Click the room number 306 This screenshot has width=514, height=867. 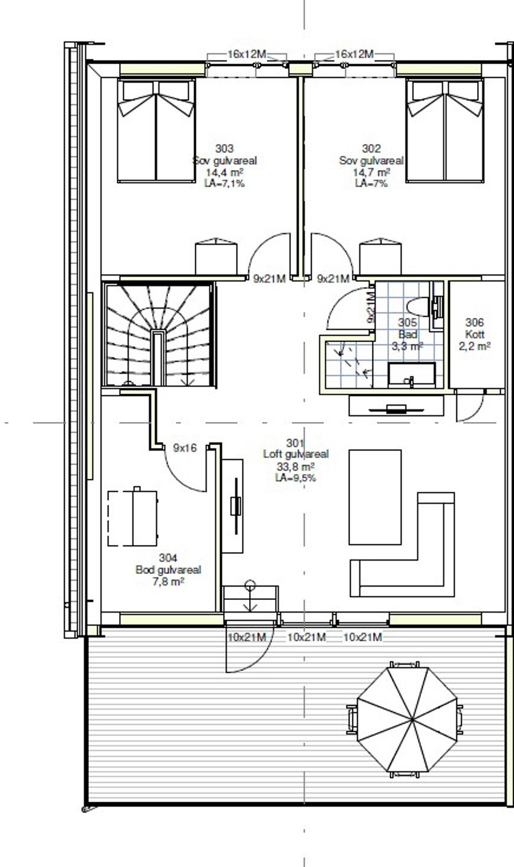point(475,322)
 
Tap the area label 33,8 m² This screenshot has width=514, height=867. point(296,467)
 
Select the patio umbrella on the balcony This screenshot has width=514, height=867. point(409,719)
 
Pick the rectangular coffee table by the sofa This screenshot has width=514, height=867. point(375,496)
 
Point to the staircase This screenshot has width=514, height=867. point(158,334)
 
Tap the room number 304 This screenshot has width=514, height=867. point(168,558)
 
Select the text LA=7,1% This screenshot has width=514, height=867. point(224,183)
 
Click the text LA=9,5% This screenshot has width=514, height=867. point(296,478)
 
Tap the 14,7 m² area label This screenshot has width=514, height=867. point(371,173)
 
